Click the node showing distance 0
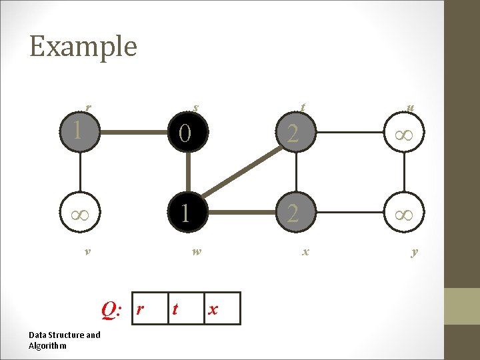(189, 134)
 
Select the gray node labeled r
(79, 129)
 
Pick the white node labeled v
(79, 213)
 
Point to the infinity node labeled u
(405, 134)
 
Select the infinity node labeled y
(405, 213)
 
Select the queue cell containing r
(150, 309)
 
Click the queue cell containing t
(185, 309)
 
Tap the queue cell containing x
(221, 309)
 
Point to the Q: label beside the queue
(111, 309)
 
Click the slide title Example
(83, 47)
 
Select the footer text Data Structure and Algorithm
(64, 340)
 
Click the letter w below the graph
(195, 252)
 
